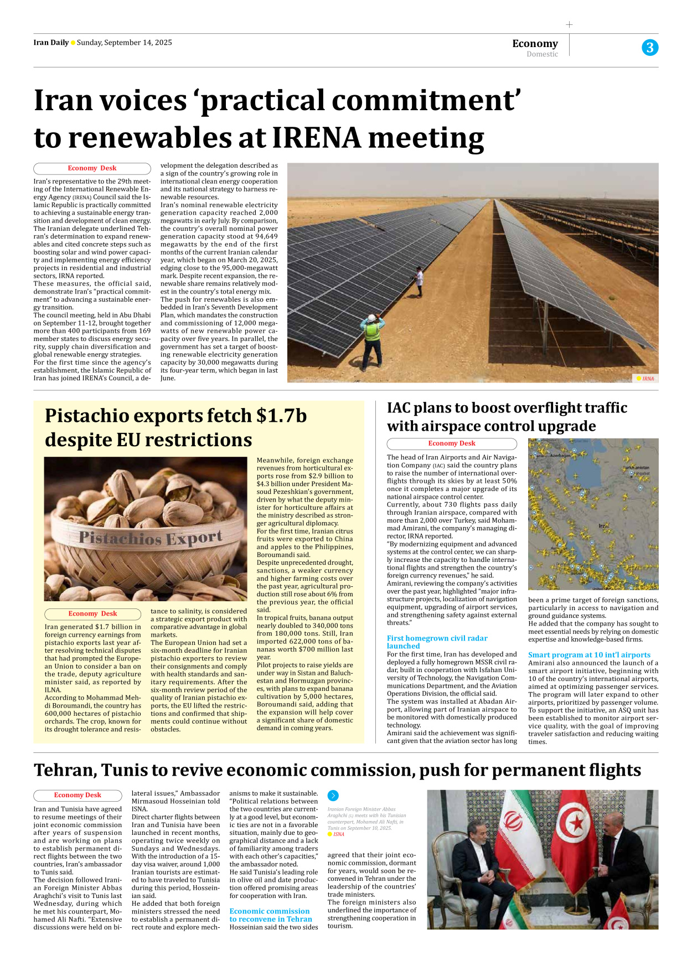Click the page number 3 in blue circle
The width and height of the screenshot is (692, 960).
tap(649, 48)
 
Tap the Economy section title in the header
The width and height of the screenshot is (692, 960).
tap(535, 43)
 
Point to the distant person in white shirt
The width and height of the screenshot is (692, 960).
tap(419, 280)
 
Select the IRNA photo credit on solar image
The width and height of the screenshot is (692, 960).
tap(647, 379)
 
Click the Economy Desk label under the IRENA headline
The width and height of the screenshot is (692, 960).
tap(92, 168)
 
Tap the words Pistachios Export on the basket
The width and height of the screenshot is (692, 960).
tap(150, 537)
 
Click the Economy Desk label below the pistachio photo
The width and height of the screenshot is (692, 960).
tap(92, 613)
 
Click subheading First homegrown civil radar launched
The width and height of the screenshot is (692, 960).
tap(437, 642)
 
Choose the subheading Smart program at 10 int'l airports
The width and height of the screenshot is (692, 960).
tap(589, 654)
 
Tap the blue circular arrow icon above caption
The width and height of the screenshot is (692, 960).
tap(333, 796)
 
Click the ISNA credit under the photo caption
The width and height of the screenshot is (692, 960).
tap(338, 834)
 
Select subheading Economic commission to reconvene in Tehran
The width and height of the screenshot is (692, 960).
tap(270, 915)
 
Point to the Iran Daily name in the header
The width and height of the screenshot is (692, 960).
tap(51, 43)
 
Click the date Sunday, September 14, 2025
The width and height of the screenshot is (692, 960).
tap(124, 43)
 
